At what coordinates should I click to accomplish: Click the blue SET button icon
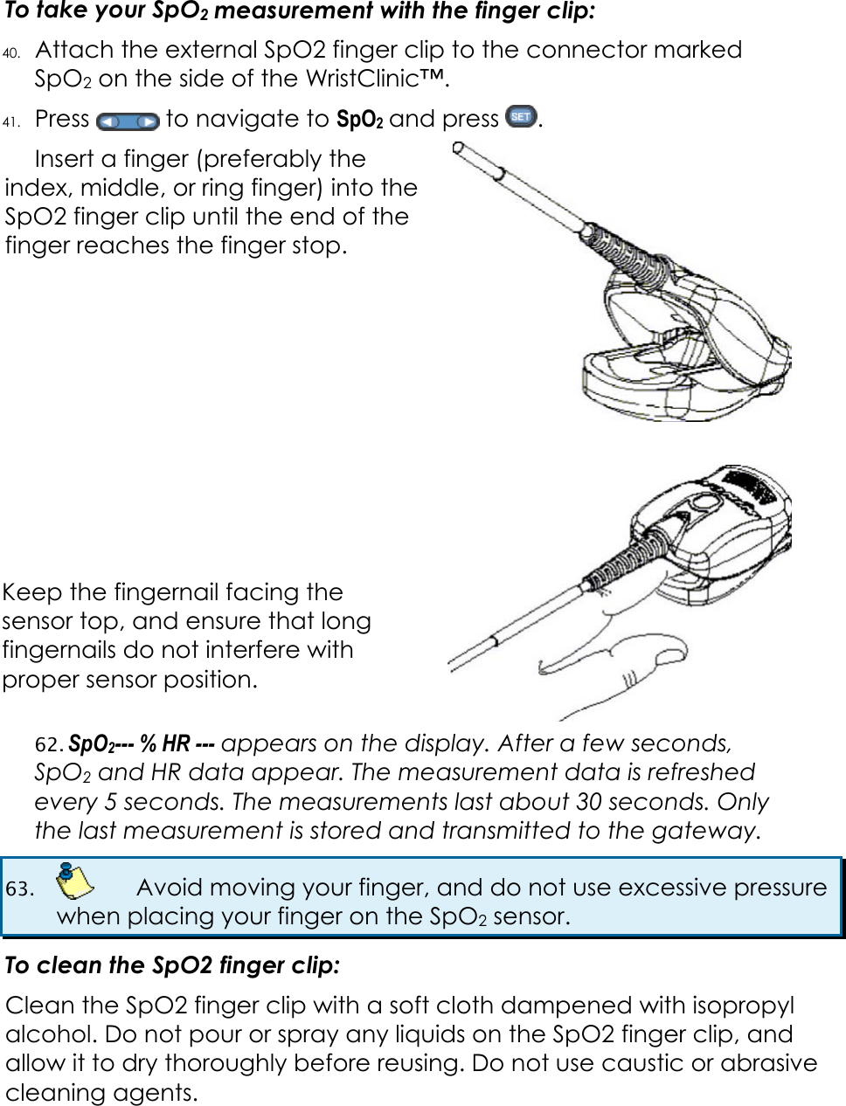[x=521, y=116]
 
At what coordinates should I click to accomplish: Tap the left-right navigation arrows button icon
[x=128, y=121]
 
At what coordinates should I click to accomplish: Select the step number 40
[x=11, y=52]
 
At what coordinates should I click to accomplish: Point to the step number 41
[x=11, y=121]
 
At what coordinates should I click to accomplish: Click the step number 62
[x=48, y=744]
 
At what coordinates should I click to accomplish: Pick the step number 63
[x=19, y=888]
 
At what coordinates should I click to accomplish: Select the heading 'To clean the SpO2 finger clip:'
[x=172, y=965]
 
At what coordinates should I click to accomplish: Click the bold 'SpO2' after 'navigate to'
[x=359, y=120]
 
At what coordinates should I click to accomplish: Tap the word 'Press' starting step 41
[x=62, y=119]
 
